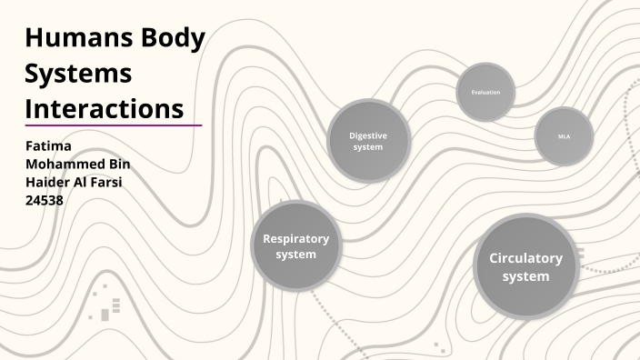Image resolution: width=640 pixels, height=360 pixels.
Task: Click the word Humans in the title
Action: (x=75, y=39)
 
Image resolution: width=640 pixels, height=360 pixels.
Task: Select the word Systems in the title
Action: (x=78, y=74)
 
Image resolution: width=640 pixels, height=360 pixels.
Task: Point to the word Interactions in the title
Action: (x=105, y=108)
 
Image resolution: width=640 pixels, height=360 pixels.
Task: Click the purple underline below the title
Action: (x=113, y=125)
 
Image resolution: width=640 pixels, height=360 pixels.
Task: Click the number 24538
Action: (x=45, y=200)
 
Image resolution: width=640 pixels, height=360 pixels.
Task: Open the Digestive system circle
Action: (x=368, y=141)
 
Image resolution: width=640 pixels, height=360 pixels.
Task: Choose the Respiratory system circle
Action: (x=295, y=246)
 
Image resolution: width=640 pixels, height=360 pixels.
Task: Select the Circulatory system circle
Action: (x=525, y=266)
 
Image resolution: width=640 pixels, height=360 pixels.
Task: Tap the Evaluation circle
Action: (x=485, y=93)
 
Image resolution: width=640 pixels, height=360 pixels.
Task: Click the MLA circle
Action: (x=564, y=136)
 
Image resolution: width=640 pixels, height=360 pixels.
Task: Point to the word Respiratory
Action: (x=295, y=239)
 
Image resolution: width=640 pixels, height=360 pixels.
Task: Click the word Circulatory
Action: (x=525, y=258)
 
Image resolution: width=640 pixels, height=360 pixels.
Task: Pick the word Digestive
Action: (x=368, y=135)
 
